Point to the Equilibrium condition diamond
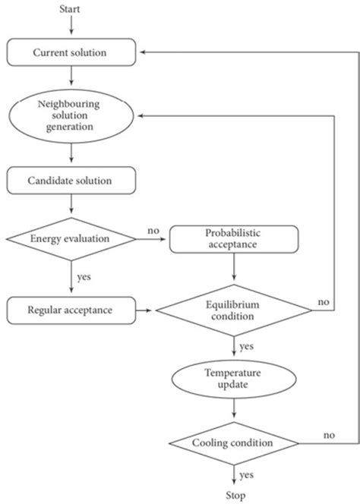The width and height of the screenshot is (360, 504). tap(232, 310)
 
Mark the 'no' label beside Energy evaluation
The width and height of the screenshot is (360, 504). tap(153, 231)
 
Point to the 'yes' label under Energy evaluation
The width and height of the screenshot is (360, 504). tap(84, 276)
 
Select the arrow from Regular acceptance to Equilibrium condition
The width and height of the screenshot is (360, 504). tap(147, 310)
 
